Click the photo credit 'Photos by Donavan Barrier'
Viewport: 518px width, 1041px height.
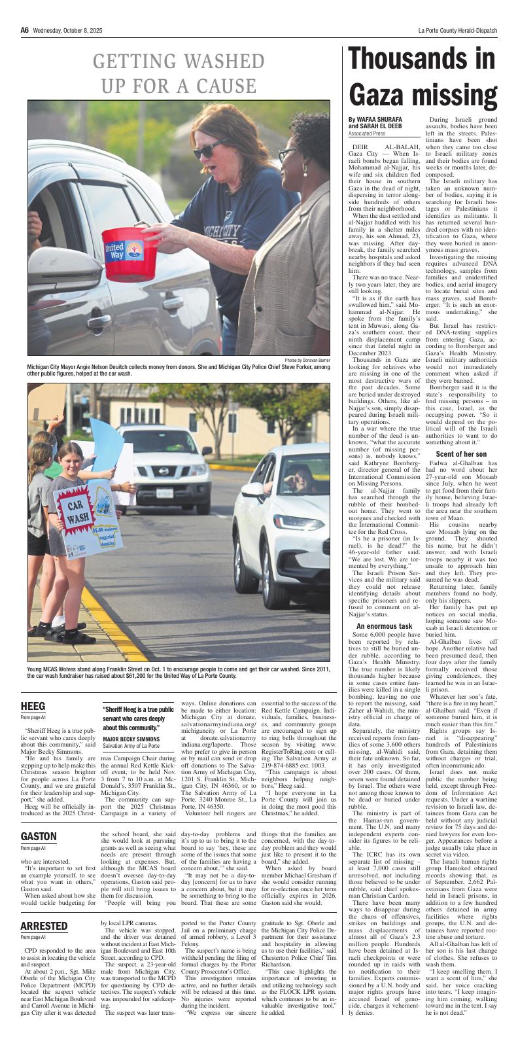[x=312, y=361]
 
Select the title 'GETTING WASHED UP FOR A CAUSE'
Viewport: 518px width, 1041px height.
[x=174, y=74]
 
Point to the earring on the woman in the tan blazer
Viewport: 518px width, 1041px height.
[x=304, y=168]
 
